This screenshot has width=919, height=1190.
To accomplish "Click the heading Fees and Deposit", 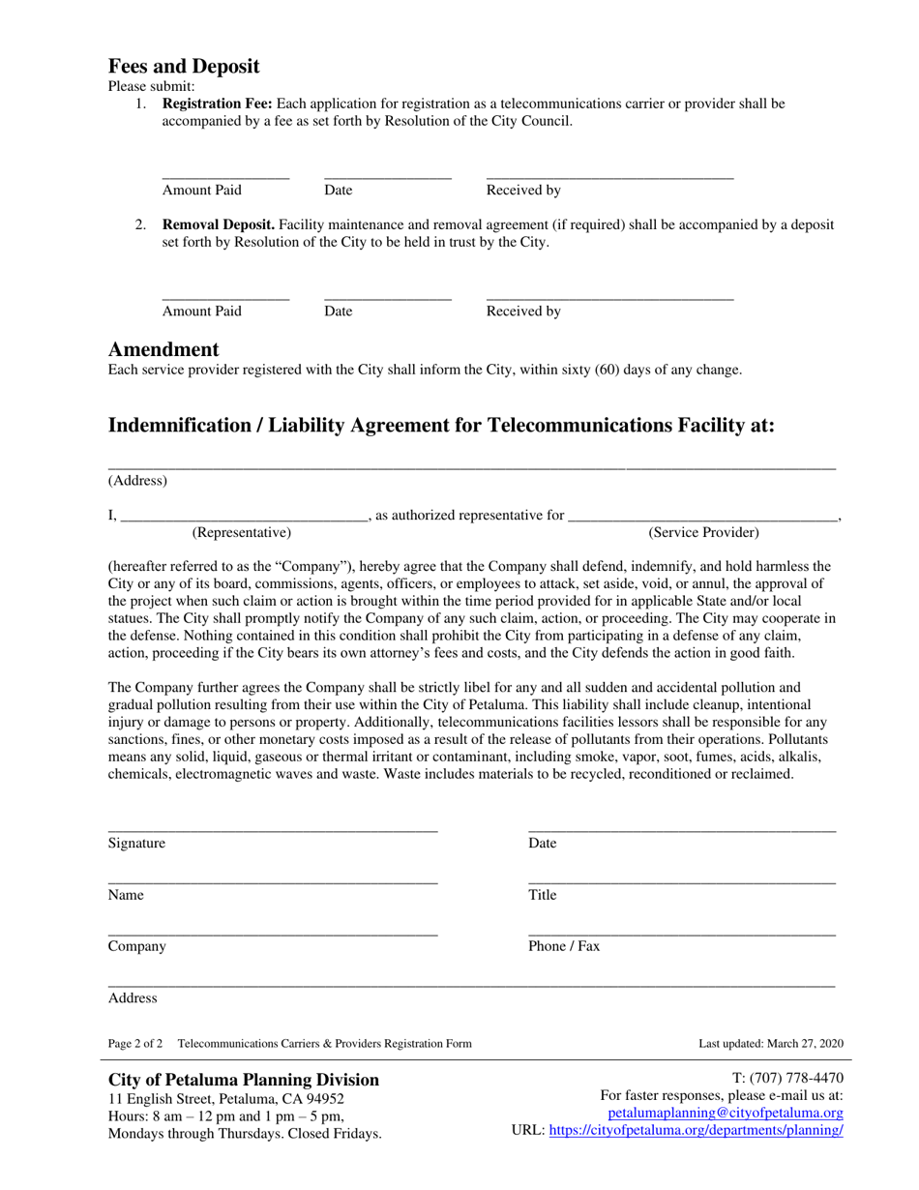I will point(184,67).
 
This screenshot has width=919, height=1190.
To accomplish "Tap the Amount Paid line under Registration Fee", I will point(225,178).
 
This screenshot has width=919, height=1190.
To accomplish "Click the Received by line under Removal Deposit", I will point(609,299).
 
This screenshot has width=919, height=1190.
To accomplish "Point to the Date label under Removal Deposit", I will point(339,312).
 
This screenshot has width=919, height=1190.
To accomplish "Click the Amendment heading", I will point(163,349).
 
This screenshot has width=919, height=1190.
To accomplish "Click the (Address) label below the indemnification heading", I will point(137,480).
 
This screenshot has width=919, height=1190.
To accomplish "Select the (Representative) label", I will point(242,532).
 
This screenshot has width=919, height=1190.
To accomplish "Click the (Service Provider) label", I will point(703,532).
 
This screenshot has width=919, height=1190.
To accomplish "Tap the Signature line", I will point(272,830).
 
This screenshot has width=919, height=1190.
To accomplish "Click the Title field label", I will point(543,895).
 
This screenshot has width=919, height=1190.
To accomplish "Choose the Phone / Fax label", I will point(564,946).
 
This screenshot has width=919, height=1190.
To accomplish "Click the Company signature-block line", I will point(272,934).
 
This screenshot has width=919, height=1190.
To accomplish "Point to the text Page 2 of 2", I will point(135,1044).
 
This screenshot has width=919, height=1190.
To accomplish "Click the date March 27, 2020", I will point(805,1044).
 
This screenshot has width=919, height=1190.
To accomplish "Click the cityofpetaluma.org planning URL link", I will point(696,1130).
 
